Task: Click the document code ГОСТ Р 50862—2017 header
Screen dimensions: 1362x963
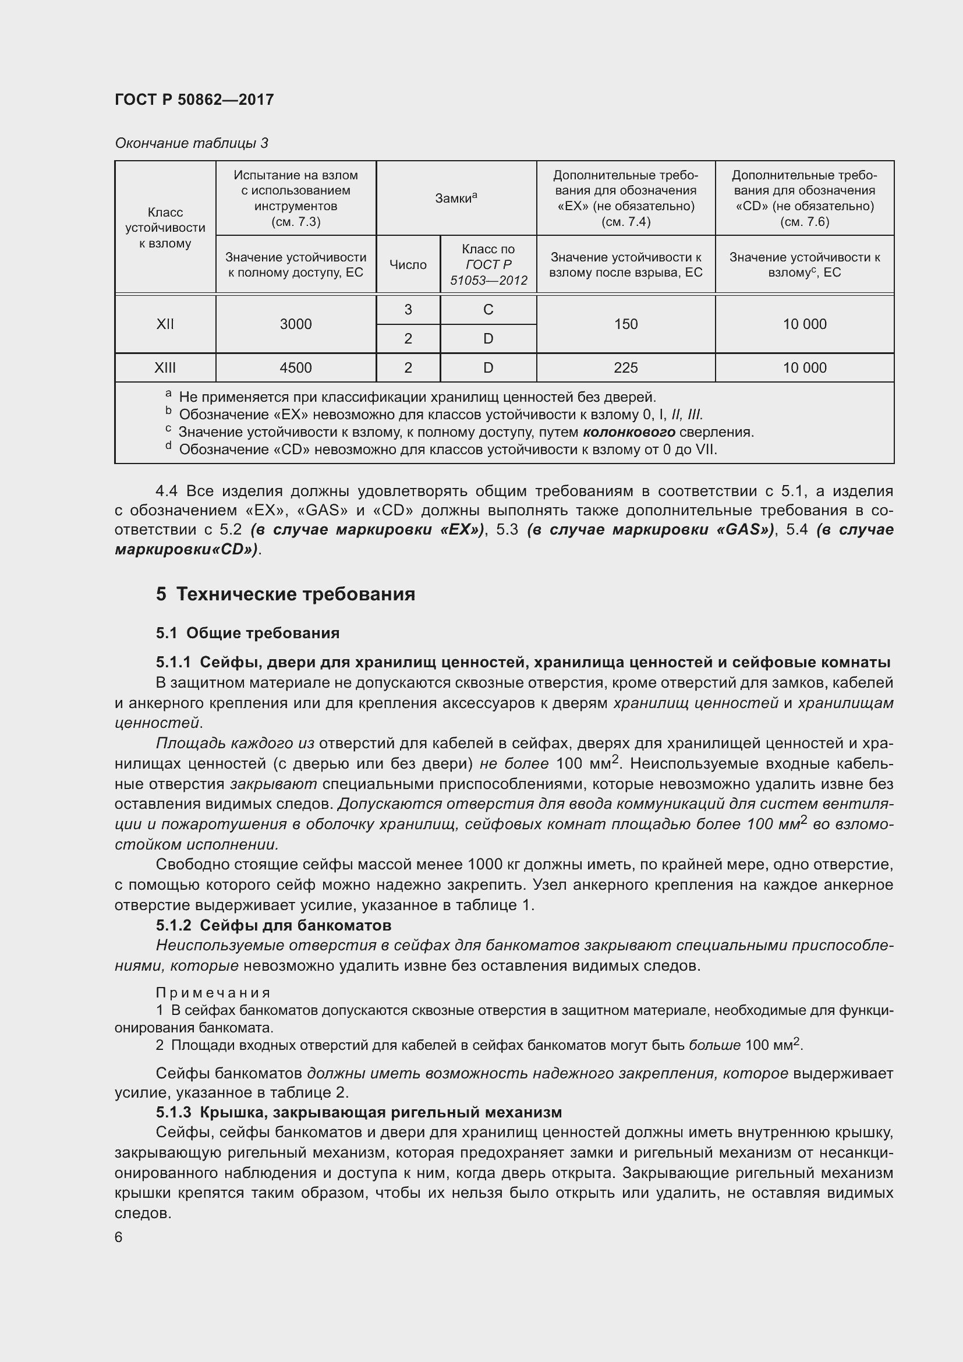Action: [x=194, y=100]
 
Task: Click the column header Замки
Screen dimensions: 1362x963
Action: [x=455, y=198]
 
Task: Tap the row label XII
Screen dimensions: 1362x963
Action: [x=165, y=324]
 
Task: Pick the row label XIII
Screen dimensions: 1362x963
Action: [x=165, y=368]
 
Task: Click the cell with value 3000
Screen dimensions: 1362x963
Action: [x=295, y=324]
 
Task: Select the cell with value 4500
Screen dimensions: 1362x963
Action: [x=295, y=368]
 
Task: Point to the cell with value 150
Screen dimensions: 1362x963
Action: [x=625, y=324]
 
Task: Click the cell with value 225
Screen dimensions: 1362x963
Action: [x=625, y=368]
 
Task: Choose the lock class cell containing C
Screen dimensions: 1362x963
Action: [x=488, y=310]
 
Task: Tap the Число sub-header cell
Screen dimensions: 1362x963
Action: [x=408, y=264]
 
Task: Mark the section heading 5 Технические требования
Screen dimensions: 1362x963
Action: [x=285, y=594]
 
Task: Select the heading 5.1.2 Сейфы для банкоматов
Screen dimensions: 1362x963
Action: [x=274, y=925]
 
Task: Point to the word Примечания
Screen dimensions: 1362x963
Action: [x=213, y=993]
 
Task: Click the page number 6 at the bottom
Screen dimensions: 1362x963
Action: [x=119, y=1237]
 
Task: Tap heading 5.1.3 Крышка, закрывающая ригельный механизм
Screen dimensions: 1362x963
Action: [x=359, y=1112]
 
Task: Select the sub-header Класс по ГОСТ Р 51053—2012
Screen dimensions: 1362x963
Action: [x=488, y=264]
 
